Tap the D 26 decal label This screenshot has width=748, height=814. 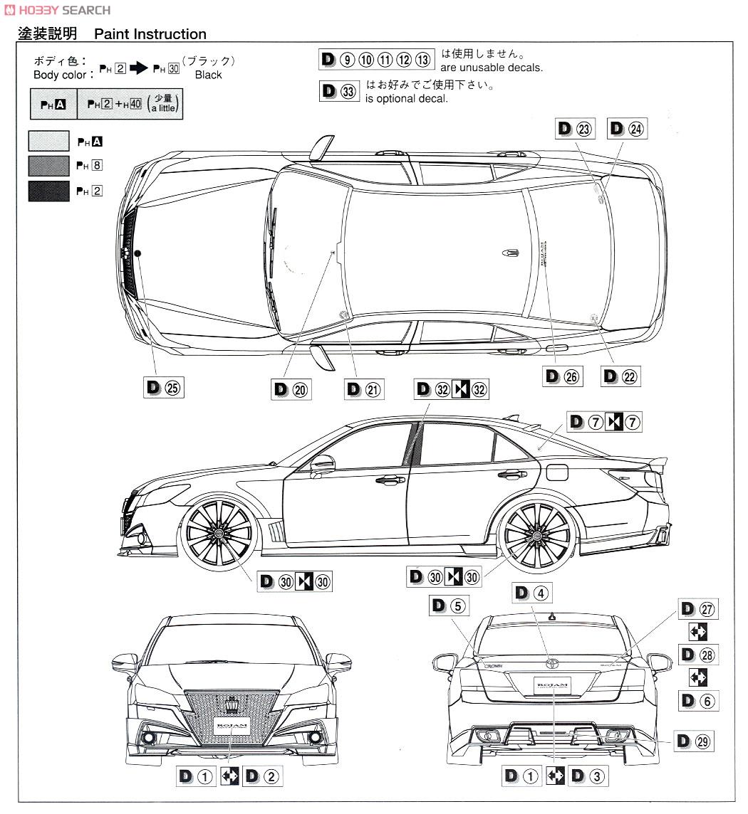[x=562, y=377]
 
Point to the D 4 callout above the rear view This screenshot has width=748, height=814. [x=531, y=593]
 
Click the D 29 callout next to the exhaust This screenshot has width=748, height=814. [x=694, y=741]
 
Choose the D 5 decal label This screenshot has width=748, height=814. [x=448, y=606]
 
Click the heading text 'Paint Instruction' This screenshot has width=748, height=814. [x=150, y=33]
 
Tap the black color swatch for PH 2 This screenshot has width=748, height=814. [x=48, y=191]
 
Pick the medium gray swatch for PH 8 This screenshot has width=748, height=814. [x=48, y=166]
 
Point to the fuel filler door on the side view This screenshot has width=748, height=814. [x=557, y=471]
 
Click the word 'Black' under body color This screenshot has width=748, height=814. [x=208, y=75]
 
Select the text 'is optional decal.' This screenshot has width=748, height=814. [x=407, y=99]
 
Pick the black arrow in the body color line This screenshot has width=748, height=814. [x=139, y=68]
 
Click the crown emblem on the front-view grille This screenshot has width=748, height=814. [x=232, y=705]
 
